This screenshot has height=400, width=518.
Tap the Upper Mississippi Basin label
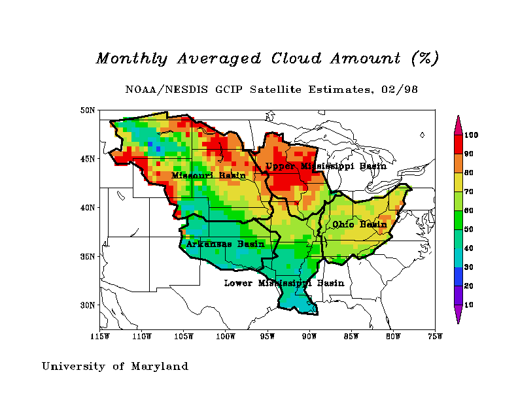click(x=326, y=167)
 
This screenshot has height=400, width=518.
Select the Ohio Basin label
click(x=359, y=224)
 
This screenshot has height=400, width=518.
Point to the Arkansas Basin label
click(x=225, y=244)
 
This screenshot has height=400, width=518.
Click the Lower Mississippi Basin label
click(x=284, y=283)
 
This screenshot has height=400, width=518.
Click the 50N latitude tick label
click(x=88, y=110)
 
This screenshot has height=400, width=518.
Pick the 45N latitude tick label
click(x=88, y=159)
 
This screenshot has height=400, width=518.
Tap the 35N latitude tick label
click(x=88, y=256)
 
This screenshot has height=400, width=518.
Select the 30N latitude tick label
click(x=88, y=305)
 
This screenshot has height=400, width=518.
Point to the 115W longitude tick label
click(x=100, y=337)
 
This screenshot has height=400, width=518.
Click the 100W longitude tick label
click(x=226, y=337)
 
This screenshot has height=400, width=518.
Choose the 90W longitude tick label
click(x=309, y=337)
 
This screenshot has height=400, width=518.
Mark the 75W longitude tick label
click(x=435, y=337)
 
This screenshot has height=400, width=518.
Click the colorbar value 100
click(x=471, y=135)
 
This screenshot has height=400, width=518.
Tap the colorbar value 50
click(x=469, y=229)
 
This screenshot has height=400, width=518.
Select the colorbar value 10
click(x=469, y=305)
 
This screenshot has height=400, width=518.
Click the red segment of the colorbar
click(x=458, y=144)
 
